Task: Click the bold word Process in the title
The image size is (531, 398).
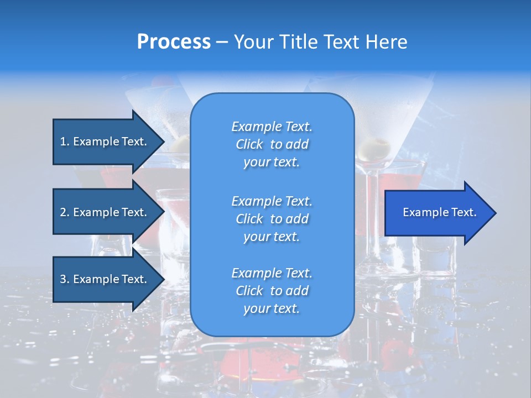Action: point(174,42)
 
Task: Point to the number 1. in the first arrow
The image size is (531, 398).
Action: point(64,142)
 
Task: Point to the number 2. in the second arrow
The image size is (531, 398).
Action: point(65,212)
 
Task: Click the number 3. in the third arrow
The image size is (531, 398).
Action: point(65,279)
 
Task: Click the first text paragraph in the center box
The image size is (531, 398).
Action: point(272,144)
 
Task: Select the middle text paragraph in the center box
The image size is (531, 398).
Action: point(272,218)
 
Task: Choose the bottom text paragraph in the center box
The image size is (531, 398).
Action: point(272,291)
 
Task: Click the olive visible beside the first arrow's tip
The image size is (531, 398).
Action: point(179,145)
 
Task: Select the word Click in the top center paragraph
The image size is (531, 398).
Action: point(249,144)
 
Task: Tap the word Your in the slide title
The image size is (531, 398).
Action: point(252,42)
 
